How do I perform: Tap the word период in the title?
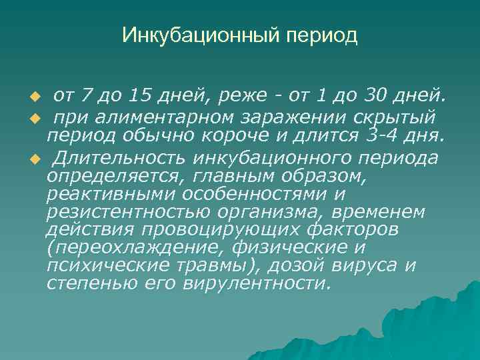pos(321,36)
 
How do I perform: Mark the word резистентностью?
pos(126,213)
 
